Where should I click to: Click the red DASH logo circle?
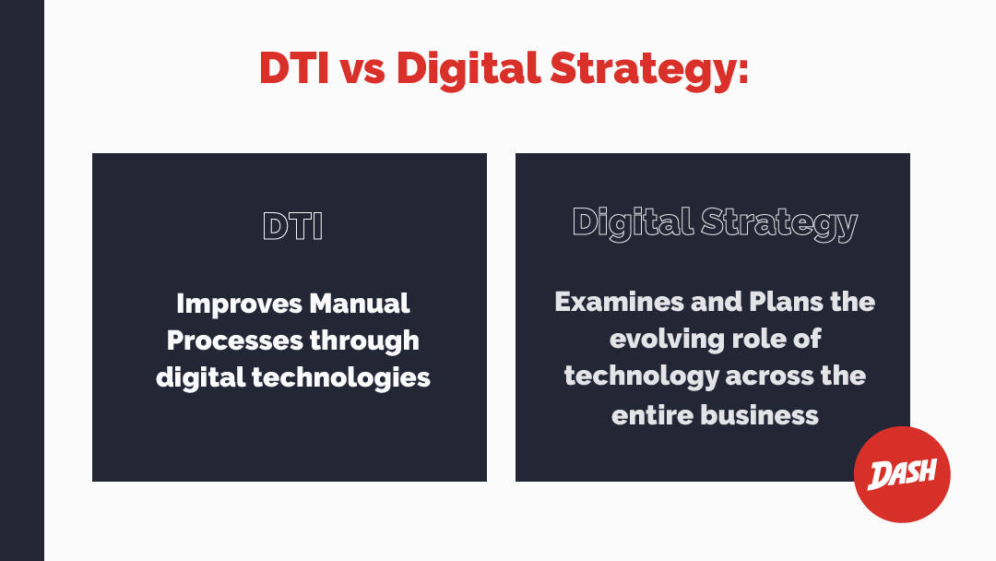(902, 474)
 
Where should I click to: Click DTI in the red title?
(294, 68)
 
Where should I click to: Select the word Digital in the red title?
(468, 68)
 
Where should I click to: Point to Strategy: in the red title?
(649, 69)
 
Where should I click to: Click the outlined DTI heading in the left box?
(293, 226)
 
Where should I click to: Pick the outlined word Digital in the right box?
(632, 223)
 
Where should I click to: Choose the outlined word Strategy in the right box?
(779, 223)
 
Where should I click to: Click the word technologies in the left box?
(341, 378)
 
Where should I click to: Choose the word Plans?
(785, 301)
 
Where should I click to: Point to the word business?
(759, 415)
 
